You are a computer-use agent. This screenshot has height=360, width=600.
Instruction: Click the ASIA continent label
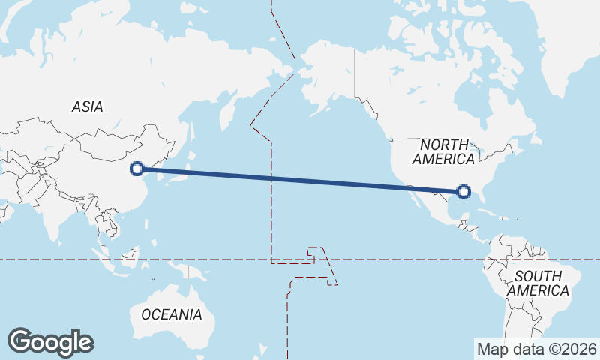(x=87, y=107)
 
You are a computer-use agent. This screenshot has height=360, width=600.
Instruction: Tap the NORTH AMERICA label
(x=444, y=151)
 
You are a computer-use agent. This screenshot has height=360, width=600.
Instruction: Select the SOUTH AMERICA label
(x=537, y=283)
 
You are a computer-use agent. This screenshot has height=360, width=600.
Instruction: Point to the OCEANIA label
(x=171, y=314)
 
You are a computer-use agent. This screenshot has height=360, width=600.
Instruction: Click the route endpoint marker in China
(x=136, y=169)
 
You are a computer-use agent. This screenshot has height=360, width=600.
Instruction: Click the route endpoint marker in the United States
(x=463, y=193)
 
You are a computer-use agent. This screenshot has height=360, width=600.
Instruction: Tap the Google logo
(x=50, y=341)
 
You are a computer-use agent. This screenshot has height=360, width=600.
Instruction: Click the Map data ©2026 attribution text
(x=536, y=349)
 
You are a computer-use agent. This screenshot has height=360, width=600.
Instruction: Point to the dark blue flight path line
(x=300, y=181)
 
